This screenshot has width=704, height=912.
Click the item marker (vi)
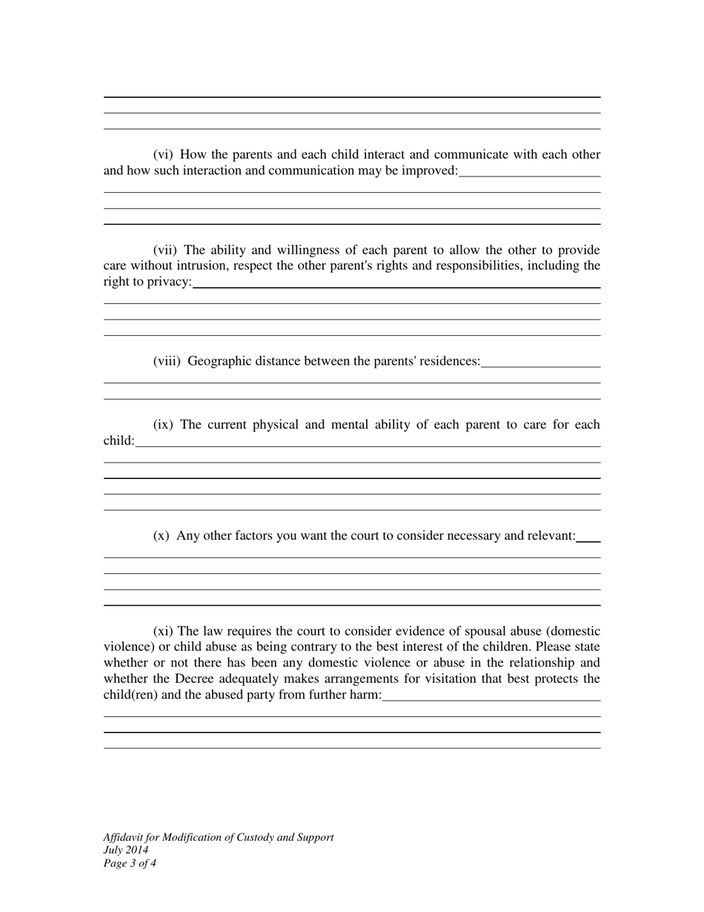click(x=163, y=155)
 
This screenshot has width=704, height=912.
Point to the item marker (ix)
click(x=163, y=425)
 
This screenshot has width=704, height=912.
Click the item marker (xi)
click(x=163, y=632)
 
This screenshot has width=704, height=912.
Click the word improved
click(x=433, y=171)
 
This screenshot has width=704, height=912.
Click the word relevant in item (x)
click(x=551, y=535)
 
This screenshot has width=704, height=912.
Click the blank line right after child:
click(x=368, y=446)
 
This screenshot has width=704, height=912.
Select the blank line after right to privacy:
click(x=396, y=287)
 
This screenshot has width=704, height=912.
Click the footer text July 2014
click(x=126, y=850)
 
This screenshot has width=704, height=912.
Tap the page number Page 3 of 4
click(x=130, y=863)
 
